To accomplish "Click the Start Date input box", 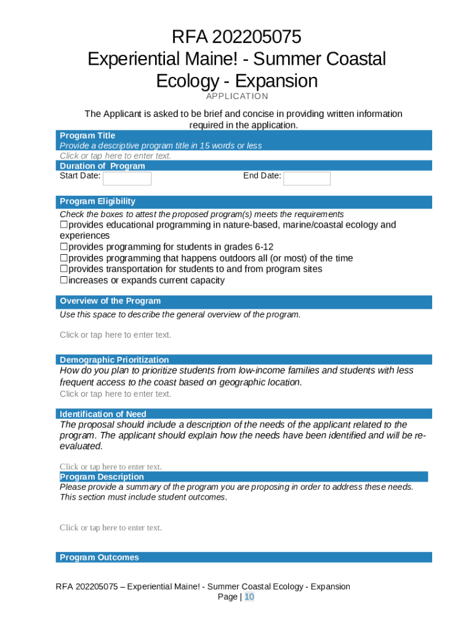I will tap(127, 178).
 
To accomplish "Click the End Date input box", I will tap(307, 178).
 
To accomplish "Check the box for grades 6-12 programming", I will tap(63, 247).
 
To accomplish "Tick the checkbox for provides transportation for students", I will tap(63, 269).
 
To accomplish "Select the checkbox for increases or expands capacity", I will tap(63, 281).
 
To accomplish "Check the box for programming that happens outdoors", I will tap(63, 258).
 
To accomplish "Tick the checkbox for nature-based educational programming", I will tap(63, 225).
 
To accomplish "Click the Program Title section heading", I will tap(87, 135).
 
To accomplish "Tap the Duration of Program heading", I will tap(102, 165).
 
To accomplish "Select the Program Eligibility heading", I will tap(97, 201).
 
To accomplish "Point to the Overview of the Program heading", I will tap(110, 301).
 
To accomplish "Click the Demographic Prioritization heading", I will tap(114, 360).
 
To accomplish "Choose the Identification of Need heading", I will tap(103, 414).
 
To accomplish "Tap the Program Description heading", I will tap(102, 477).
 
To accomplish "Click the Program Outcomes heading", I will tap(99, 557).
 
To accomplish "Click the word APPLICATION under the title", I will tap(237, 96).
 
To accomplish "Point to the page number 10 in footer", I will tap(249, 597).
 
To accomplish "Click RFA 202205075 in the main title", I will tap(237, 38).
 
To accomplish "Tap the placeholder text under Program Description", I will tap(111, 527).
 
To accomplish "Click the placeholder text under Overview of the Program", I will tap(115, 335).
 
